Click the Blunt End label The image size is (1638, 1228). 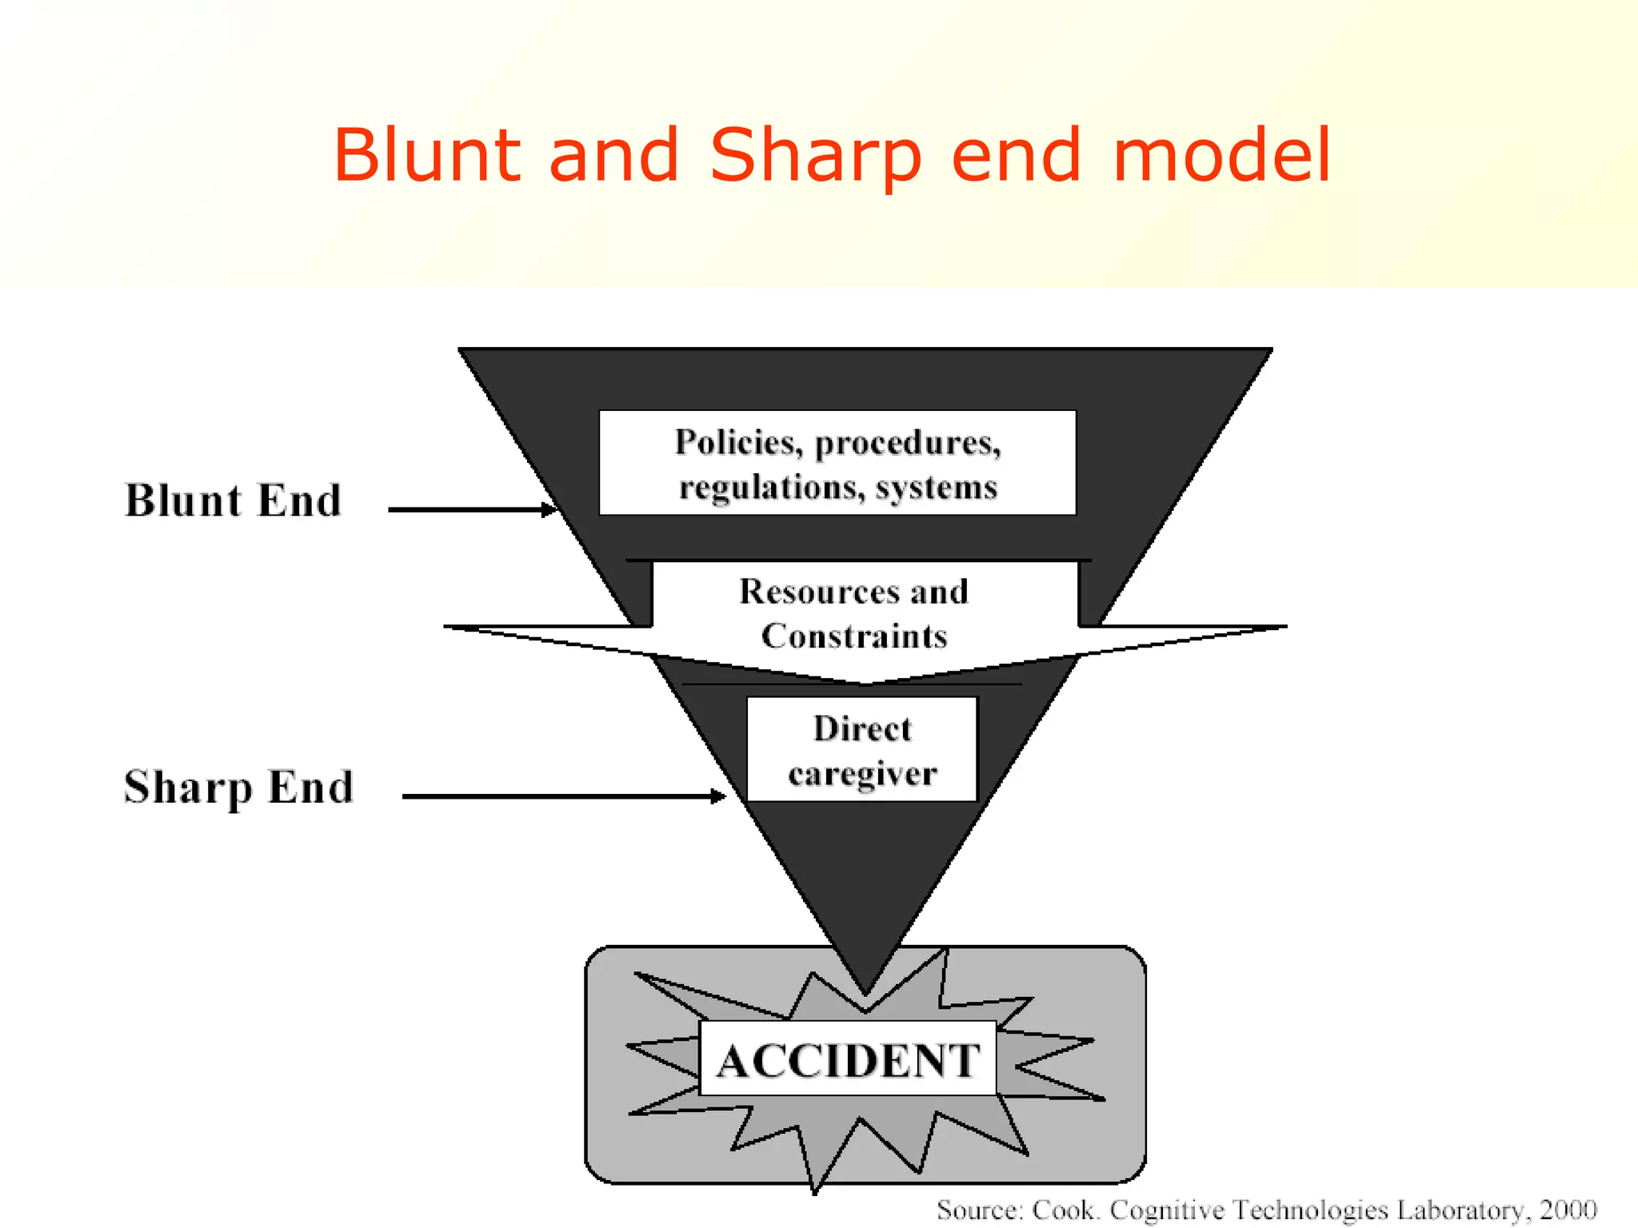234,501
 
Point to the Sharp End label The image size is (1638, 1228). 238,787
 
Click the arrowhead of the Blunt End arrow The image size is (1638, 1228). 550,509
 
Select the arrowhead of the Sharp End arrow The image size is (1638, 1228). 719,796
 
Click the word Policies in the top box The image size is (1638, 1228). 738,443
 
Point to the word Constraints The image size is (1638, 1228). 854,636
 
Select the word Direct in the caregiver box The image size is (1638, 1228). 862,728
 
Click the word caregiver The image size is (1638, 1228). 862,774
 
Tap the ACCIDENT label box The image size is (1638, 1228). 848,1059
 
